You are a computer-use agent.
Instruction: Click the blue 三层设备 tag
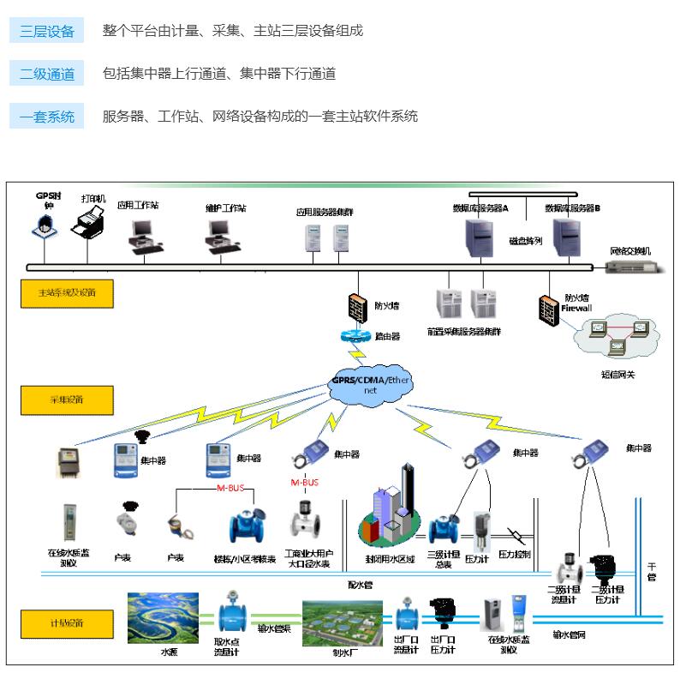pos(47,31)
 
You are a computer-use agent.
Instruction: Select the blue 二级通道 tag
pos(47,74)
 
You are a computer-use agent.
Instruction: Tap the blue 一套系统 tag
pos(47,116)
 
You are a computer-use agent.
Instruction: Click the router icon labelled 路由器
pos(356,336)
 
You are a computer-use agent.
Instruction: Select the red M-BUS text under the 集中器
pos(306,483)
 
